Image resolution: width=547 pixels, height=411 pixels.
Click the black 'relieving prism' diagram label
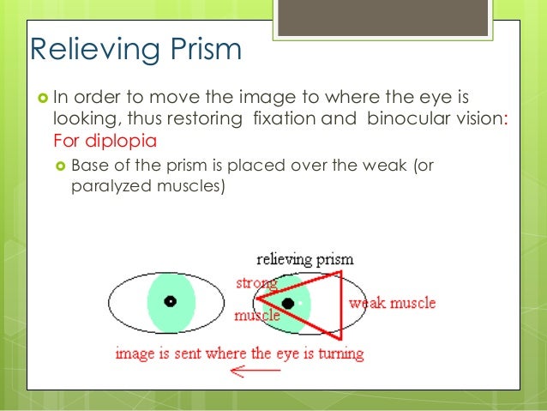click(x=305, y=259)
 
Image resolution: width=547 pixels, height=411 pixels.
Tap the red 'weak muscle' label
click(x=392, y=303)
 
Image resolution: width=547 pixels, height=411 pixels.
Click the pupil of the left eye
click(x=171, y=301)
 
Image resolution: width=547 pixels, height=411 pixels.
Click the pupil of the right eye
click(x=288, y=303)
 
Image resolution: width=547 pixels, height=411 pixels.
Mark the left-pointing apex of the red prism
click(x=258, y=299)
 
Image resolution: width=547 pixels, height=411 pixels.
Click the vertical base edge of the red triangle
click(x=340, y=305)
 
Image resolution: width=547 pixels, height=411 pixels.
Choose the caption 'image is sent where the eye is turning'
click(x=239, y=353)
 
